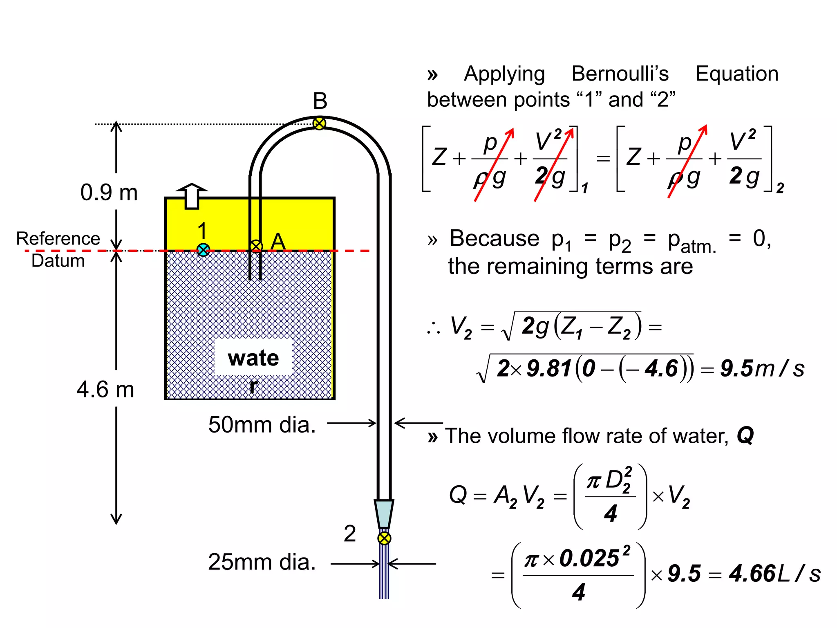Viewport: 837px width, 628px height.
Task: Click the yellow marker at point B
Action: pos(319,123)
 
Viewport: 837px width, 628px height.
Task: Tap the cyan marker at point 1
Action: pos(203,249)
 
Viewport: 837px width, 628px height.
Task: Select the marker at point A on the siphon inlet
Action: pos(256,246)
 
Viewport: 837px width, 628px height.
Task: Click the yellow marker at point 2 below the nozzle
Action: pos(384,538)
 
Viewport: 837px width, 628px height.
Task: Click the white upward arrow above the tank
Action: pos(192,196)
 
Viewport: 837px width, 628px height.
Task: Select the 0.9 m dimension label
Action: pos(109,193)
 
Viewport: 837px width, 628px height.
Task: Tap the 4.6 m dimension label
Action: pos(105,389)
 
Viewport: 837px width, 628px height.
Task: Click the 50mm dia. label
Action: pos(262,425)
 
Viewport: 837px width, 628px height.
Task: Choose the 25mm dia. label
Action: pos(262,562)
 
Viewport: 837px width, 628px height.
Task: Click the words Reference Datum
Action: pos(58,249)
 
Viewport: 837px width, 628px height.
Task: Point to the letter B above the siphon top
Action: pos(320,101)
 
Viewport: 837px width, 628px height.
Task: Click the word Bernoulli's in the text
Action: pos(620,74)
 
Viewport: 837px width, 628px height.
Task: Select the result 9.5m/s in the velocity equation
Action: pos(762,368)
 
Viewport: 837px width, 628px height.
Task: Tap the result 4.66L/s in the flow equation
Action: pos(774,574)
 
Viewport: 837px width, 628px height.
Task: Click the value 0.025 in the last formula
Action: pos(589,558)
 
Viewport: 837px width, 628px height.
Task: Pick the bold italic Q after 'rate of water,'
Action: pos(745,435)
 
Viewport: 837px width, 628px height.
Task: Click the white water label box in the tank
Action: pos(253,357)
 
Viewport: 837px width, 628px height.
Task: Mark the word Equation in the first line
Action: pos(737,74)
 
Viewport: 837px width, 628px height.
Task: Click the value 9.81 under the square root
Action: pos(549,368)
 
